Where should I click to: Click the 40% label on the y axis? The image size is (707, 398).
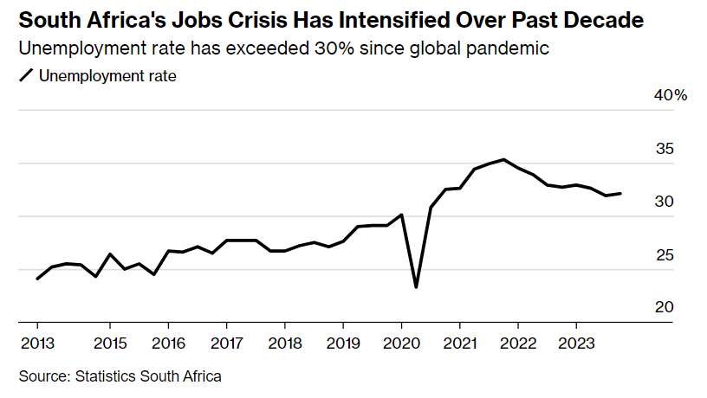tap(670, 95)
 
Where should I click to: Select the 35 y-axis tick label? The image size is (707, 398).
tap(665, 149)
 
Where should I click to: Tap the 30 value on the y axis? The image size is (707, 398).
tap(665, 202)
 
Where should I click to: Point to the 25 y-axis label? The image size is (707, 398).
tap(665, 255)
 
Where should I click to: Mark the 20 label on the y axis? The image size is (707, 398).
tap(665, 308)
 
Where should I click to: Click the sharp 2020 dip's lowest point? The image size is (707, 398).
tap(416, 286)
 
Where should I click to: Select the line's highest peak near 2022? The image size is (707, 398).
tap(504, 159)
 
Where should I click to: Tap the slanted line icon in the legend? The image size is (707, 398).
tap(26, 76)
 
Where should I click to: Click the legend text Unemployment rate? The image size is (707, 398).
tap(107, 76)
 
